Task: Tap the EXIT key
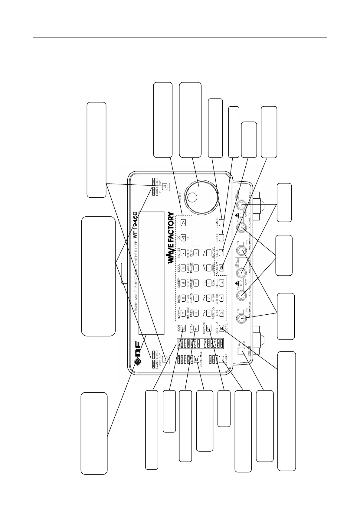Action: click(x=221, y=237)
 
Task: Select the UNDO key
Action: click(x=221, y=252)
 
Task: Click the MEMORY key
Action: click(x=222, y=267)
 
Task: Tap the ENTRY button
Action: click(x=196, y=327)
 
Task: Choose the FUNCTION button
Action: click(x=209, y=327)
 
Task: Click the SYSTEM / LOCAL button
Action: click(x=222, y=327)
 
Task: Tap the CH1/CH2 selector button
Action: click(x=222, y=359)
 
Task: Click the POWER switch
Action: click(x=241, y=351)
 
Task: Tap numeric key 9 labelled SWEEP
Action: click(x=183, y=283)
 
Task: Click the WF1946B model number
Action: click(x=135, y=224)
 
